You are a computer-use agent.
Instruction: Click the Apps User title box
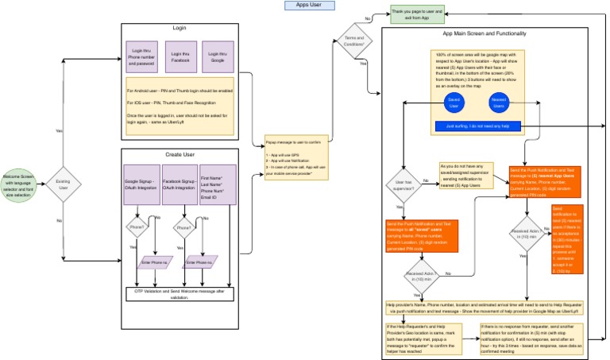(x=310, y=6)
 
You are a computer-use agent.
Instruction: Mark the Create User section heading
(x=180, y=154)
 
